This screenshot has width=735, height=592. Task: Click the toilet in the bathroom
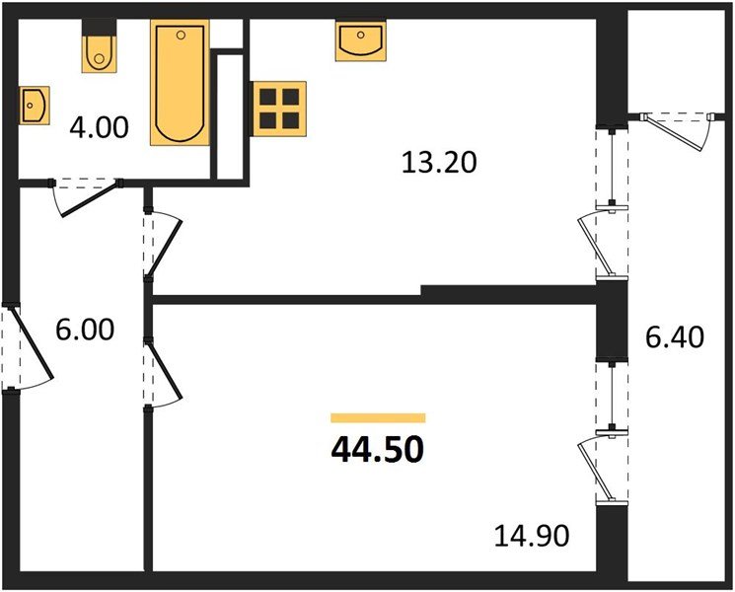[97, 49]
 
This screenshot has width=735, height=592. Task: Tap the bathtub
[180, 83]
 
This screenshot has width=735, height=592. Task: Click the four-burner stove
[279, 108]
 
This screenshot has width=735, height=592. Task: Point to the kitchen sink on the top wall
[359, 41]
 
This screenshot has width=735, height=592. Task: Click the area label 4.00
[99, 127]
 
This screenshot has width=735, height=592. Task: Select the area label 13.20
[439, 160]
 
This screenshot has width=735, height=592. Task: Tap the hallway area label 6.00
[85, 330]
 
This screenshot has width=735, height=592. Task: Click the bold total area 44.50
[378, 450]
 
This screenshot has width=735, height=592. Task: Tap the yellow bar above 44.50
[378, 418]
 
